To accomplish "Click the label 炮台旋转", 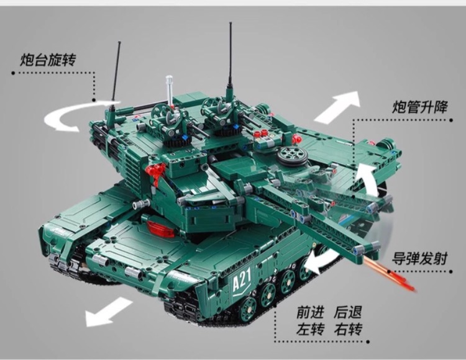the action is [x=48, y=60].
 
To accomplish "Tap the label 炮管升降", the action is [x=419, y=107].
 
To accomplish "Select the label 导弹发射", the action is [x=419, y=258].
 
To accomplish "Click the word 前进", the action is [x=310, y=312].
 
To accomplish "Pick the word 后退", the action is [x=348, y=312].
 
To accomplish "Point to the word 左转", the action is [x=310, y=329].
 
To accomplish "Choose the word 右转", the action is [x=348, y=329].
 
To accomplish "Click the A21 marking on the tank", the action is [x=241, y=281].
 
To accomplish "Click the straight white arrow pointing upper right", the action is [x=337, y=107].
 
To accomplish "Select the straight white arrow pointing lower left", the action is [x=108, y=312].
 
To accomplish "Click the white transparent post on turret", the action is [x=170, y=90].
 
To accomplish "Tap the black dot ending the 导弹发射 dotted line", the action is [x=451, y=271].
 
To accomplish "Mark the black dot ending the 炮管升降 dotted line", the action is [x=451, y=120].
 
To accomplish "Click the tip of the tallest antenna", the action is [x=230, y=22].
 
